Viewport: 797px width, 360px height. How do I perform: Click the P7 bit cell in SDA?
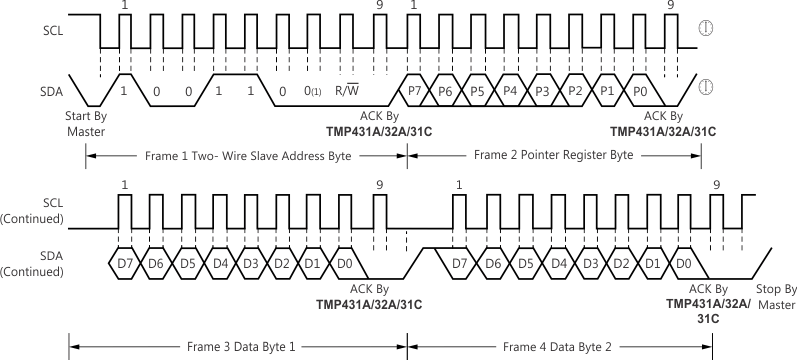click(415, 90)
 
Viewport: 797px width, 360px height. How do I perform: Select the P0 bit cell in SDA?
click(639, 90)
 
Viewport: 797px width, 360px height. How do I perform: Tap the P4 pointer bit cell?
click(511, 90)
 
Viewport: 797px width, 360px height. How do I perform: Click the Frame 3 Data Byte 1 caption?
click(240, 347)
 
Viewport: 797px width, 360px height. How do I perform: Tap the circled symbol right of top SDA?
click(706, 87)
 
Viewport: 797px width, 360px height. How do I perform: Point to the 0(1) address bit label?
click(315, 91)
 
